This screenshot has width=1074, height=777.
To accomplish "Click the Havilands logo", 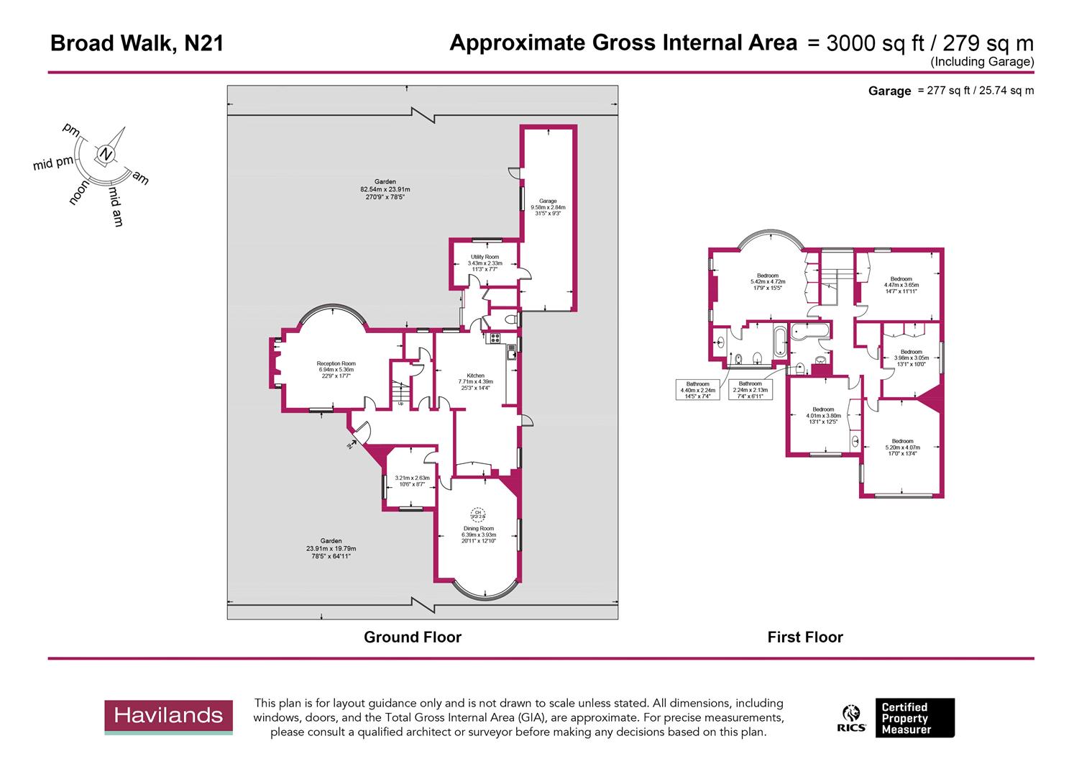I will tap(169, 717).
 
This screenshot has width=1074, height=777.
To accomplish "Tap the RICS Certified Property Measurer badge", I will tap(899, 718).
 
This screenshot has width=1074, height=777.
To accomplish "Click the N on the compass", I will tap(106, 154).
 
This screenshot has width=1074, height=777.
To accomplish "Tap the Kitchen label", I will tap(475, 382).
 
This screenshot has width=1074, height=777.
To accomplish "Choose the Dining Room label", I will tap(478, 533).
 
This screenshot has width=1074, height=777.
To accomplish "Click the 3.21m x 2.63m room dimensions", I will tap(412, 481).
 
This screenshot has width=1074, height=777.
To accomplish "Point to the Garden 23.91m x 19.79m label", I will tap(331, 548).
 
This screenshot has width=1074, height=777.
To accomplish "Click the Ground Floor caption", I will tap(412, 637).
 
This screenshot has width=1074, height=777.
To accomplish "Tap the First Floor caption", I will tap(804, 637).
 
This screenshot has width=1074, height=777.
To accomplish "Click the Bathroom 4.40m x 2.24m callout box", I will tap(697, 389).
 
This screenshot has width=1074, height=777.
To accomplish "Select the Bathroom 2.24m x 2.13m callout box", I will tap(750, 389).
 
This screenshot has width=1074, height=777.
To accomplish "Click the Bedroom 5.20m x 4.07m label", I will tap(902, 447).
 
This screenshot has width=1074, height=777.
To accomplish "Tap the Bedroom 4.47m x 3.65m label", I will tap(901, 284).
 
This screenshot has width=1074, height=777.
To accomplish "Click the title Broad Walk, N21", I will tap(137, 44).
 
